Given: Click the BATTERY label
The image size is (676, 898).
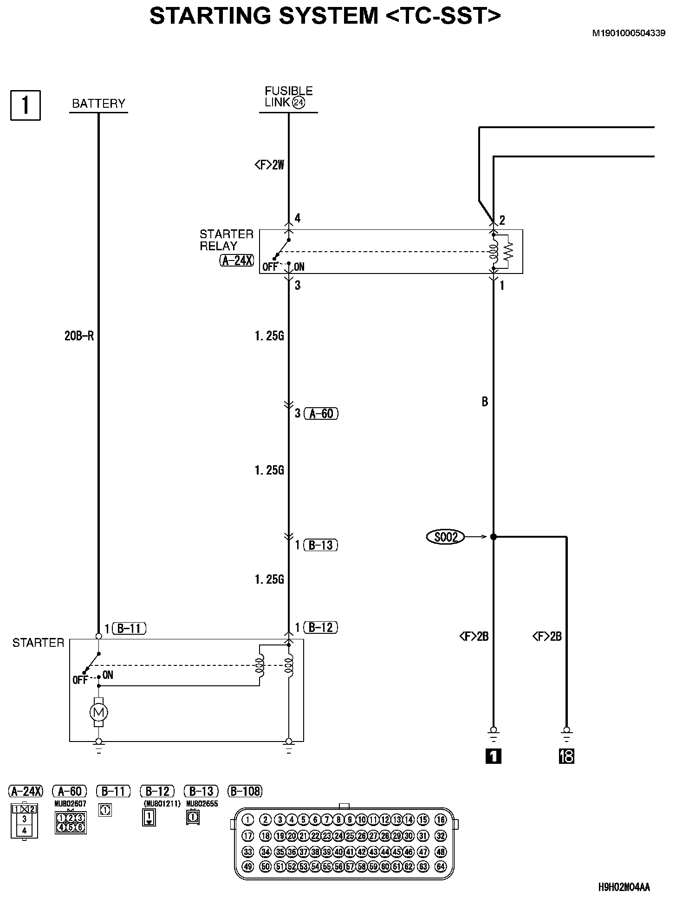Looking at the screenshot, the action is tap(98, 103).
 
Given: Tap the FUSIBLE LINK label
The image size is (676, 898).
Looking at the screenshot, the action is tap(289, 97).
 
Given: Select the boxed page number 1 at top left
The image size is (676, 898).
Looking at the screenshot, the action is tap(26, 105).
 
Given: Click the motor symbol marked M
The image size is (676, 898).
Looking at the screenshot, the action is tap(98, 712).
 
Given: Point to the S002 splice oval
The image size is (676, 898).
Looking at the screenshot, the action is tap(445, 537).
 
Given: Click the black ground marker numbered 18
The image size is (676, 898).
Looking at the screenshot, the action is tap(566, 757).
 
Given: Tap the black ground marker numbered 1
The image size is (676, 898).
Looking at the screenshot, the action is tap(493, 757).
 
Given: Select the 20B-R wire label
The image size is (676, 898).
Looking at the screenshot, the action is tap(79, 336).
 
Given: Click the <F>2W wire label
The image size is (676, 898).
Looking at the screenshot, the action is tap(269, 165).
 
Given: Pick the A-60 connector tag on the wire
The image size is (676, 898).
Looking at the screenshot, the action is tap(321, 413).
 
